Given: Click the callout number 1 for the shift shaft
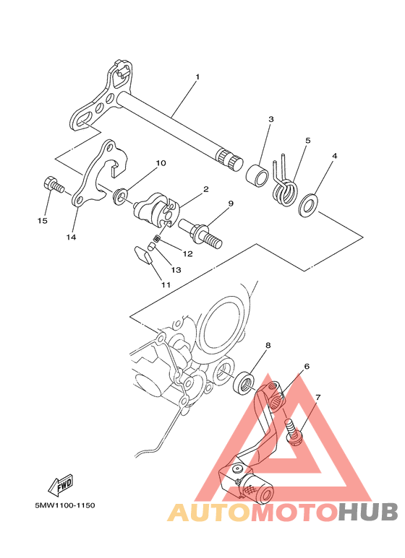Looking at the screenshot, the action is pyautogui.click(x=197, y=77).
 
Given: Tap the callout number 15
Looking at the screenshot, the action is pyautogui.click(x=42, y=221).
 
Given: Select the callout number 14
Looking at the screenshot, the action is pyautogui.click(x=71, y=237).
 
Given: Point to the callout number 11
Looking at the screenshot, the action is pyautogui.click(x=166, y=284).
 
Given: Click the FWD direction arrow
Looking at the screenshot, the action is pyautogui.click(x=61, y=485).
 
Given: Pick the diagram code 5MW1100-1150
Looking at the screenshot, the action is pyautogui.click(x=65, y=505).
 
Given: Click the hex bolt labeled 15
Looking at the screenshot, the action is pyautogui.click(x=54, y=185).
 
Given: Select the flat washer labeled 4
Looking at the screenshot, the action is pyautogui.click(x=308, y=205).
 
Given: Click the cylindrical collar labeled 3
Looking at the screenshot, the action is pyautogui.click(x=257, y=174).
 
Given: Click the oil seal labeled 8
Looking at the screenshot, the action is pyautogui.click(x=244, y=383).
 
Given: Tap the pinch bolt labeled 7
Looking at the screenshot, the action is pyautogui.click(x=294, y=432).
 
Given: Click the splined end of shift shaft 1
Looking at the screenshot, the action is pyautogui.click(x=229, y=158).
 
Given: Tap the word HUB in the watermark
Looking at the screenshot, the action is pyautogui.click(x=368, y=513).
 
